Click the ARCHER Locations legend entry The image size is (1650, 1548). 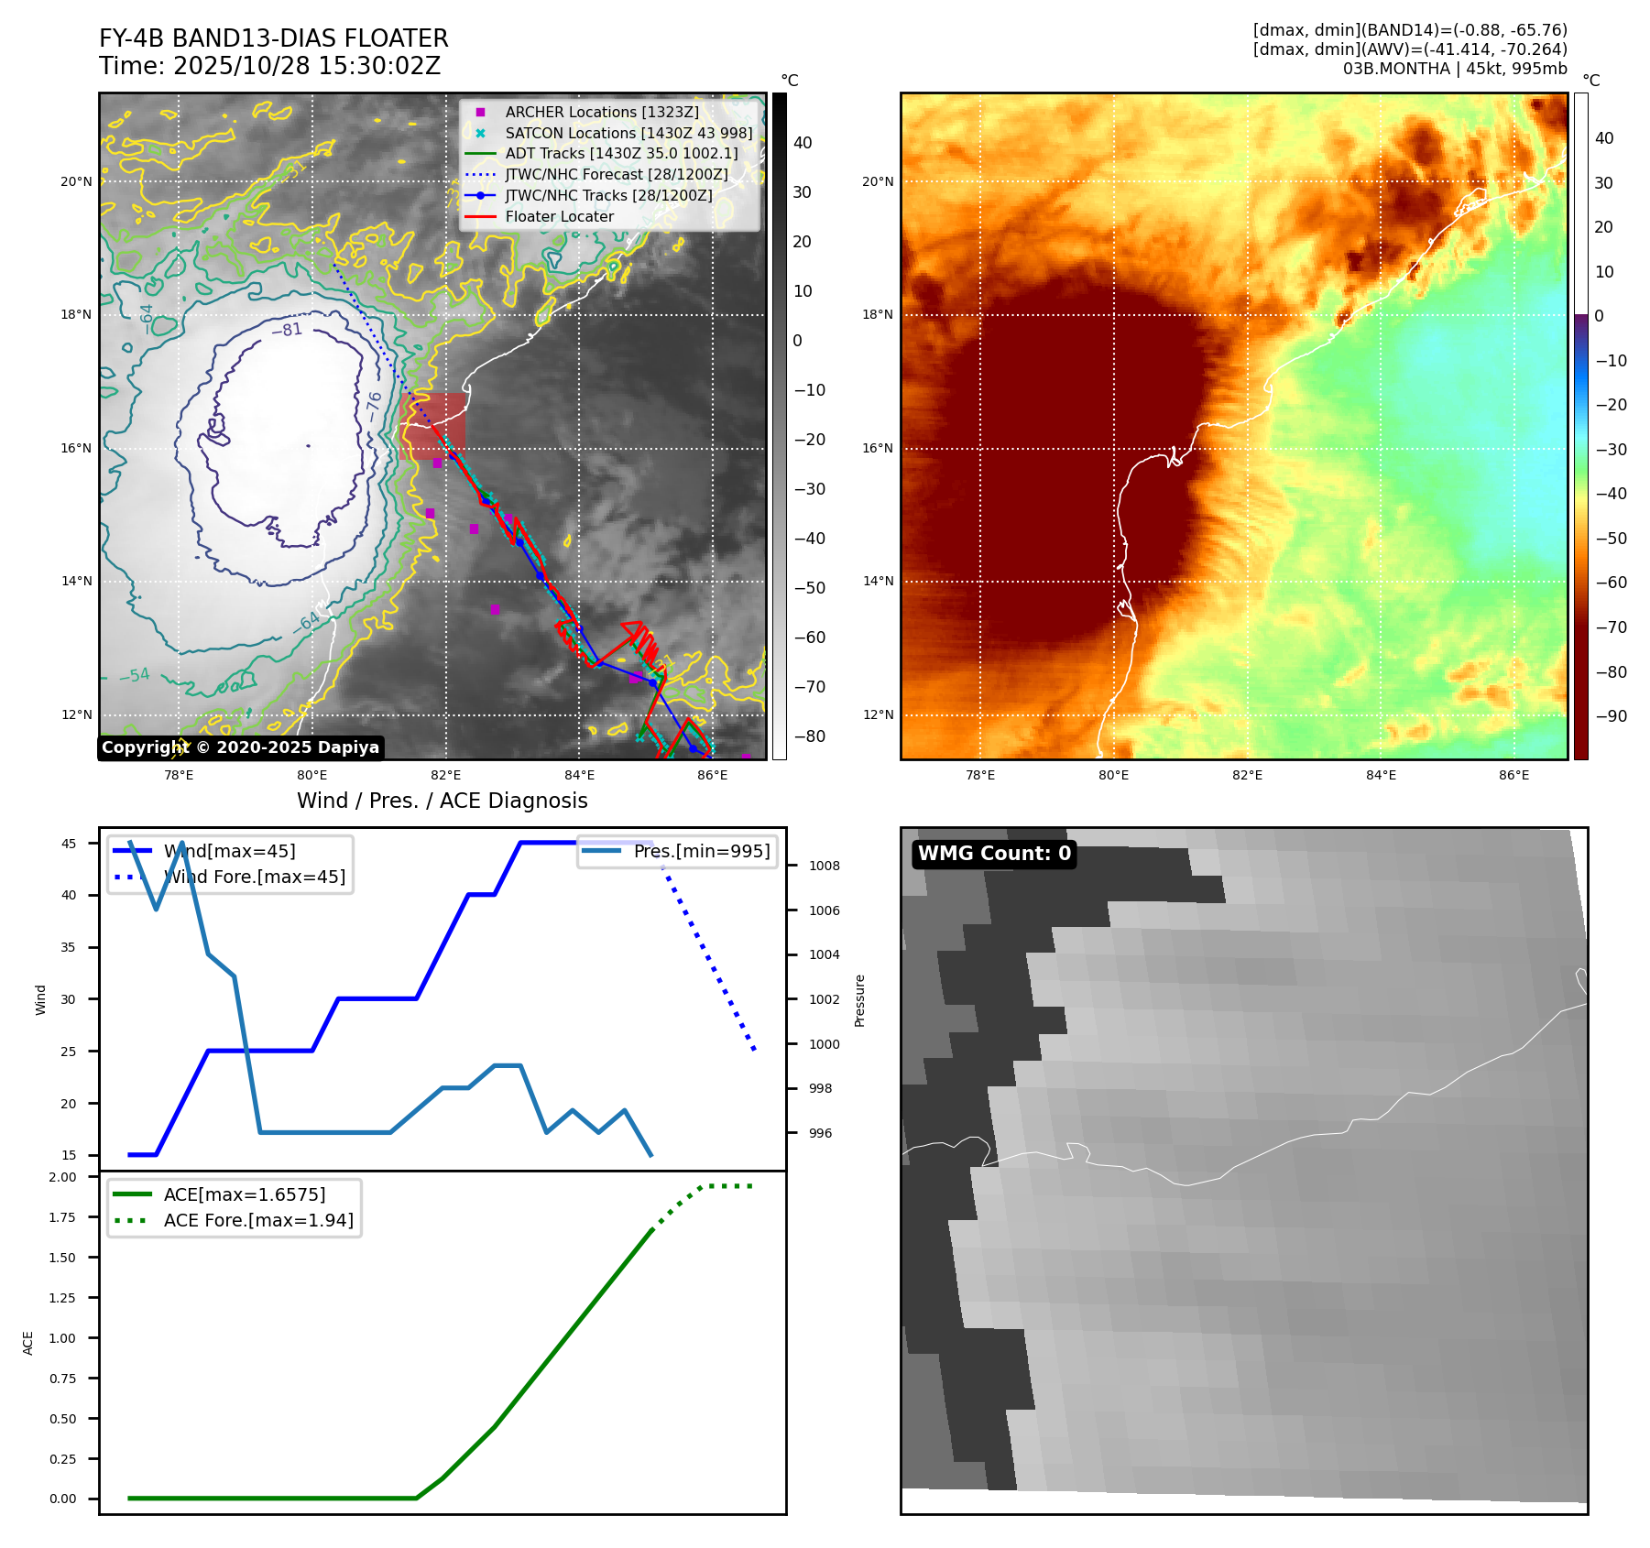(601, 112)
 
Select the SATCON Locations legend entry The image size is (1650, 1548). (628, 133)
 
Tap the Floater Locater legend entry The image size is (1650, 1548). (559, 216)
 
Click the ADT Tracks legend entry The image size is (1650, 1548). (621, 153)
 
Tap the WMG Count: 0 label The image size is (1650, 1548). (994, 854)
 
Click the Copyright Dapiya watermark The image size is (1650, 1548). (240, 747)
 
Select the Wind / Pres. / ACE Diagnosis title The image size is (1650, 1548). (442, 801)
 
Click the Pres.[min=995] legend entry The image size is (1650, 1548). (701, 851)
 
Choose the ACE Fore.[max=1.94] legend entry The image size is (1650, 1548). (257, 1220)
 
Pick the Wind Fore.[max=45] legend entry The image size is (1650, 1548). (254, 877)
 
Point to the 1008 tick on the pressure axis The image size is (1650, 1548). (824, 866)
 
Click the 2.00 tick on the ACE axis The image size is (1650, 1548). (63, 1177)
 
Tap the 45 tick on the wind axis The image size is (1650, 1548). (69, 844)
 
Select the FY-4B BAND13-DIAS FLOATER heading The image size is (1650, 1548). (274, 38)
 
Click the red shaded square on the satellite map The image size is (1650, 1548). (432, 426)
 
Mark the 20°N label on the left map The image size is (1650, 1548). (76, 181)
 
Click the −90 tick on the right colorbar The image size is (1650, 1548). (1611, 716)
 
